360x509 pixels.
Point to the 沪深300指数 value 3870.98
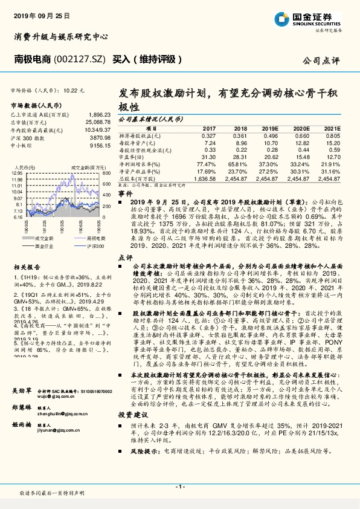pos(99,138)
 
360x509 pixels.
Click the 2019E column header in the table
pos(269,129)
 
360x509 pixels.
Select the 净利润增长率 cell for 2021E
pos(330,164)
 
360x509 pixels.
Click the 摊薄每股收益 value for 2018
pos(240,135)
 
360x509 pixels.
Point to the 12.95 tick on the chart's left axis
pos(18,173)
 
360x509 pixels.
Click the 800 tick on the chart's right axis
pos(106,173)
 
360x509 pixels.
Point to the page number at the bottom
pos(180,486)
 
